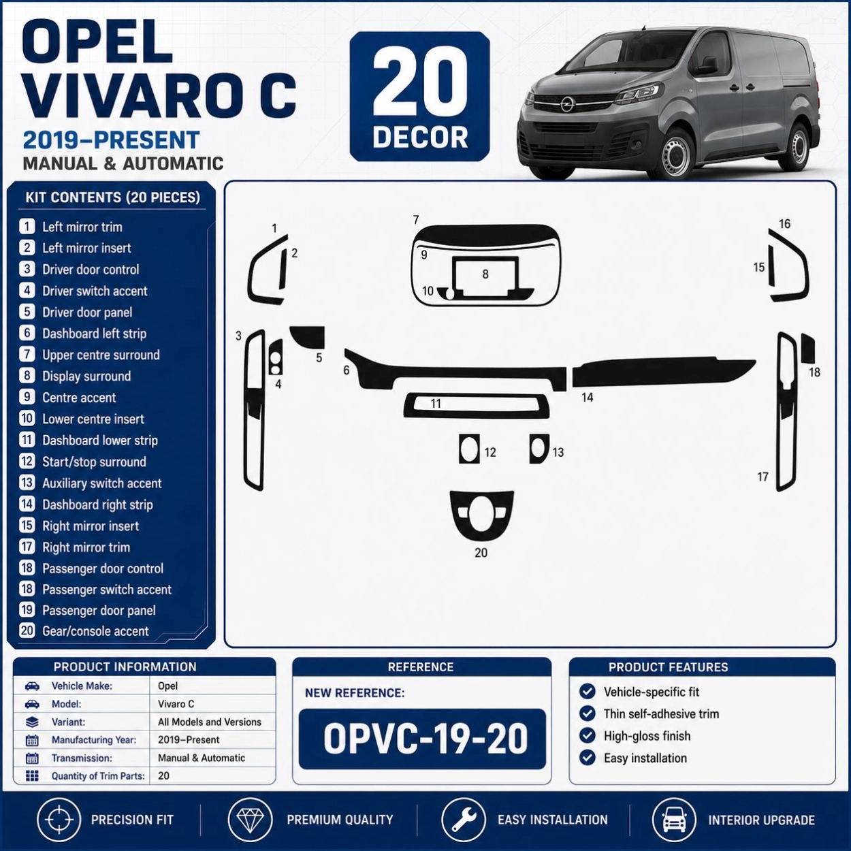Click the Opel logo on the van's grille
566,105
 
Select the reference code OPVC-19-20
425,739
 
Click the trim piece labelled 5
308,336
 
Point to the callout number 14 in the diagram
587,398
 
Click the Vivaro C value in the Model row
176,704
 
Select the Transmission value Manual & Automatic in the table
202,758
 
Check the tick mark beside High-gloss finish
587,735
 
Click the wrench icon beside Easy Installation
463,820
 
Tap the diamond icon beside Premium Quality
250,820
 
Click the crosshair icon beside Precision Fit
59,820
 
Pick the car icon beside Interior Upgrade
673,820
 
